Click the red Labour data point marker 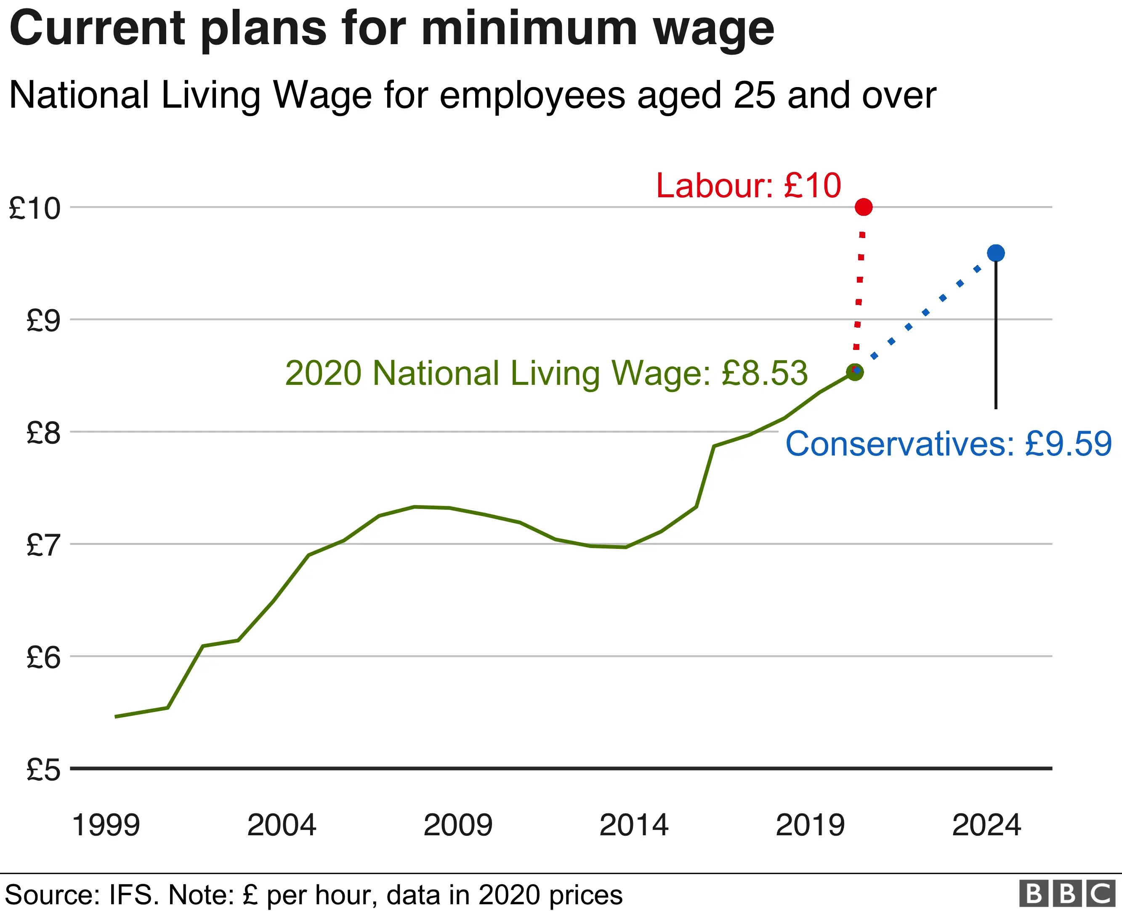(864, 207)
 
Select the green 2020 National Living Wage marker (855, 373)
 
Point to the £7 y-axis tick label (43, 545)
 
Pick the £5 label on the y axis (43, 770)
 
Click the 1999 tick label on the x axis (106, 825)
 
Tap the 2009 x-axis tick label (458, 825)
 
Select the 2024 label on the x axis (986, 825)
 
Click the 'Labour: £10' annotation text (748, 186)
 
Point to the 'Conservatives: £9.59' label (948, 444)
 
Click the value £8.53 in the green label (764, 373)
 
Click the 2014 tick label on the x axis (634, 825)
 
